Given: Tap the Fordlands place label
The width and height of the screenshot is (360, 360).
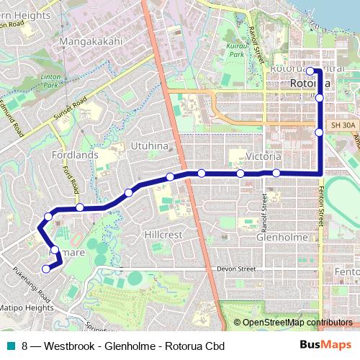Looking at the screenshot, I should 75,155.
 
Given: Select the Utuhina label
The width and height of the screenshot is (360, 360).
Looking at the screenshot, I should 149,146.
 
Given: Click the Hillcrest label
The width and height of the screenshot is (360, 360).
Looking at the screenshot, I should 163,235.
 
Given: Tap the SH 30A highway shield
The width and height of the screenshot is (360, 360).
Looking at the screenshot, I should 343,125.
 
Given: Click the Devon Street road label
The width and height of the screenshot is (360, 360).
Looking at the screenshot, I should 236,269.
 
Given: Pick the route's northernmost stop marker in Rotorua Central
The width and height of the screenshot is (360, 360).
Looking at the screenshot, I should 310,71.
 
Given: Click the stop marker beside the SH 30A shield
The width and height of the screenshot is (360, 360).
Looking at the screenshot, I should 319,132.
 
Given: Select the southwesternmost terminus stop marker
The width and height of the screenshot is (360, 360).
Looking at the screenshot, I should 46,269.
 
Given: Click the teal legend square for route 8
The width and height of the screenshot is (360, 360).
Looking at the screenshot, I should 10,346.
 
